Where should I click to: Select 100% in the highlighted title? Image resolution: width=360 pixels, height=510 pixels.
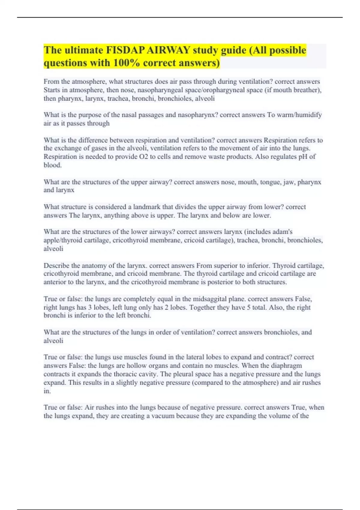pyautogui.click(x=126, y=63)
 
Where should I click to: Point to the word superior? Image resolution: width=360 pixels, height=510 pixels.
pyautogui.click(x=224, y=266)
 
